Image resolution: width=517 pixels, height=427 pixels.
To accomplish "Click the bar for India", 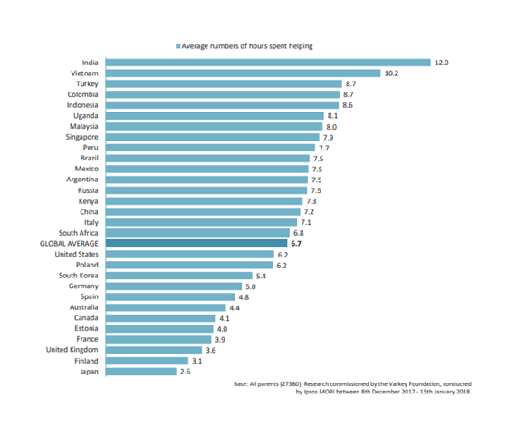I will pos(267,63).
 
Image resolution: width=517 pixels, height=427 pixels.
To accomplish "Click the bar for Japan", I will pos(141,371).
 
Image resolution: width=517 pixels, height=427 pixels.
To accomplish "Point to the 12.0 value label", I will pos(441,63).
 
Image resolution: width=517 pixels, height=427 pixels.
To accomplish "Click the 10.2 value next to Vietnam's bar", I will pos(392,73).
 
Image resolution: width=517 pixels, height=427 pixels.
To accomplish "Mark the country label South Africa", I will pos(79,233).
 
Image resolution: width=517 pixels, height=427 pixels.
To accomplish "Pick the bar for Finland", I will pos(146,360).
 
